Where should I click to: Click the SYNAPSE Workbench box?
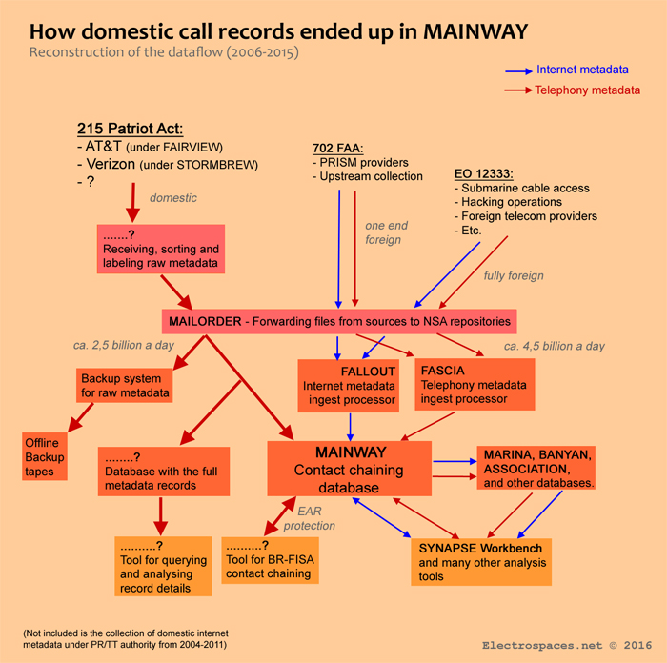[481, 562]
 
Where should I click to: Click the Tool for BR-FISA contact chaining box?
[270, 560]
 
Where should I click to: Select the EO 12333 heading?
[485, 174]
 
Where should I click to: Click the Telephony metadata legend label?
[588, 90]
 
